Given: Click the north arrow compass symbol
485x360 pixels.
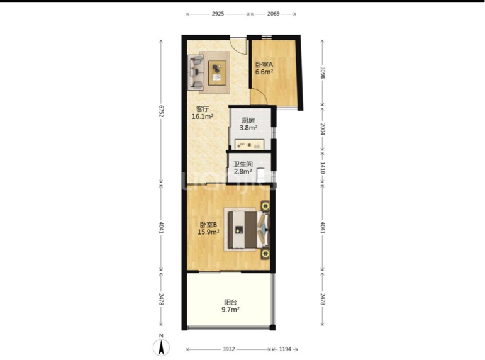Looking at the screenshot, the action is [161, 347].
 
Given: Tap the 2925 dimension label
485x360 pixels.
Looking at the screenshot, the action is [218, 14].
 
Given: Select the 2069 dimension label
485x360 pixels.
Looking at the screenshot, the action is [274, 14].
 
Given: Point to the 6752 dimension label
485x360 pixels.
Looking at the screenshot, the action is [161, 111].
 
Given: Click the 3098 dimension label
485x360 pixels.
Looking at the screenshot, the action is [323, 73].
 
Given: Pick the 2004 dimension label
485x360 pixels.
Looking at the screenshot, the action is [323, 129].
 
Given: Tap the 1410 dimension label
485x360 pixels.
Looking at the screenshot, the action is [323, 168].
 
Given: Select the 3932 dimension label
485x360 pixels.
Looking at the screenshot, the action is [228, 349].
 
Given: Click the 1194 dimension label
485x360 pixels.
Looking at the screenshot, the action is [285, 349].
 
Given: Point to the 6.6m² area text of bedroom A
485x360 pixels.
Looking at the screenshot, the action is [264, 72].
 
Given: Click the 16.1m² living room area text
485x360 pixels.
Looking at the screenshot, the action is [203, 116].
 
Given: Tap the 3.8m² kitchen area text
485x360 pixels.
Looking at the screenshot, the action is [248, 128].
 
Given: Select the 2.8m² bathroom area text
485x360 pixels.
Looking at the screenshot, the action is [243, 171].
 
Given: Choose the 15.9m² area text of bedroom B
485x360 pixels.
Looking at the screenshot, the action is [208, 232].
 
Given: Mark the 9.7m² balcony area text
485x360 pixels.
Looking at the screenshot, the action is [231, 309].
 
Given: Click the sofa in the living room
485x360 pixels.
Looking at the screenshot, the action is [196, 73].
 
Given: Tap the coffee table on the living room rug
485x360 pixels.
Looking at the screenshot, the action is [217, 73].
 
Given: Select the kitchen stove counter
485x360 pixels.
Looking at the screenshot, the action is [249, 145].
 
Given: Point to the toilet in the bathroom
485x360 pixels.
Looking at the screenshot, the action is [262, 174].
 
